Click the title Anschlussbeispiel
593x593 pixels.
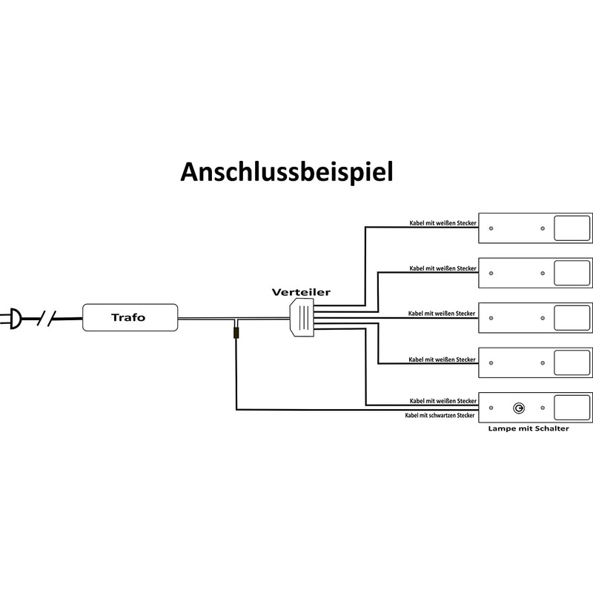point(287,172)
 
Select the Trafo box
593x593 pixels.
point(130,317)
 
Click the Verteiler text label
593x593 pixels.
point(301,292)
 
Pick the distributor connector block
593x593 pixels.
point(302,317)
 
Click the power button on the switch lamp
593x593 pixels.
point(519,408)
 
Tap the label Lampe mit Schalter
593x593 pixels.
point(529,428)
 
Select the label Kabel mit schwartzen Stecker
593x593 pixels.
point(440,415)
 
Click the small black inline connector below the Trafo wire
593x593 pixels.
point(236,333)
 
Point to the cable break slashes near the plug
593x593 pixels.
point(47,319)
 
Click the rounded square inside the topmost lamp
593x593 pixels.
point(572,228)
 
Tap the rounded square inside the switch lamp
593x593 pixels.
point(572,408)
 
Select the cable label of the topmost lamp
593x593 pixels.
point(443,223)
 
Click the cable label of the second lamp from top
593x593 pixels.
point(443,268)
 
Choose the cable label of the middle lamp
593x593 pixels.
point(442,314)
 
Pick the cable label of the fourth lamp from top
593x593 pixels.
point(442,360)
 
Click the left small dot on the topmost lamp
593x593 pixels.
point(491,228)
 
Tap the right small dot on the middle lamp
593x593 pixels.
point(543,318)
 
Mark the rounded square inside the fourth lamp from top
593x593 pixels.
point(572,362)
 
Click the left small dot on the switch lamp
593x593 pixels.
point(491,408)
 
